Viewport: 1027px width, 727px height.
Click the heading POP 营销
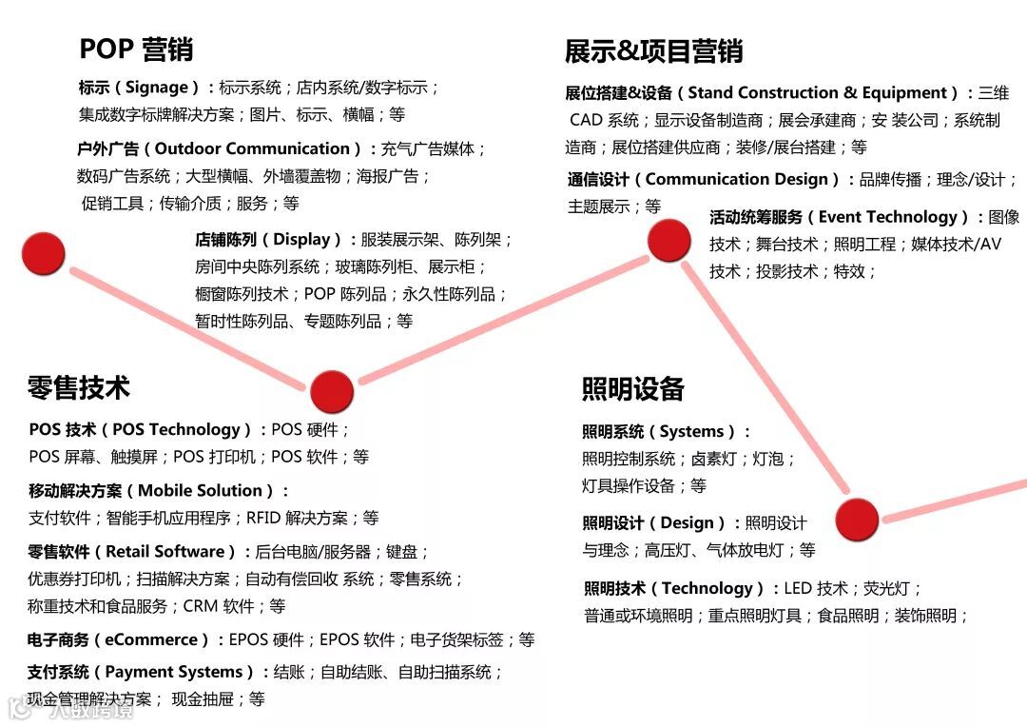[136, 49]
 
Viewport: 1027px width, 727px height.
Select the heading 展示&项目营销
[653, 50]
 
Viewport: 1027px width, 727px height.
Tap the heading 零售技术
[79, 387]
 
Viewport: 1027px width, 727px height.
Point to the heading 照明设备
[633, 388]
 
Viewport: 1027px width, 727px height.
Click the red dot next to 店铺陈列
[43, 253]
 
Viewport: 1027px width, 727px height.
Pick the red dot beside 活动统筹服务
[669, 240]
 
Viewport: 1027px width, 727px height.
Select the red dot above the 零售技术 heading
[332, 391]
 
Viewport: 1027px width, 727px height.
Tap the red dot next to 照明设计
[857, 520]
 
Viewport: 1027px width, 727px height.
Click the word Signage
[157, 88]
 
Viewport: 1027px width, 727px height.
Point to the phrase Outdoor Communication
[252, 148]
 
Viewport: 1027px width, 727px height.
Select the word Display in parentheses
[302, 240]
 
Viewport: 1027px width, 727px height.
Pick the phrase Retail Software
[165, 552]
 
